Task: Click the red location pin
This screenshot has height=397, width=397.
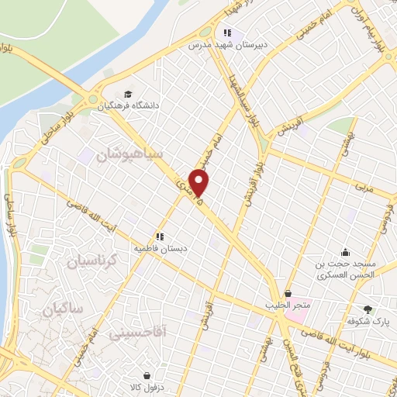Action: (200, 184)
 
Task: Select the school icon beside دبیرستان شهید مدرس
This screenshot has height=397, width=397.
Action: (227, 33)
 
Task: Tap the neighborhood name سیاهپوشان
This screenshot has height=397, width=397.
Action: (129, 154)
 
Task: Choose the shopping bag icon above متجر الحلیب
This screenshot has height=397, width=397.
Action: (289, 295)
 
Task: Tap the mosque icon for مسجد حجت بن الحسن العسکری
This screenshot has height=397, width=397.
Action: (346, 252)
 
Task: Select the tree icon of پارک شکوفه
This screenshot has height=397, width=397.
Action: (368, 309)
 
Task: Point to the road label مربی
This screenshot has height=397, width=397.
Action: (364, 187)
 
